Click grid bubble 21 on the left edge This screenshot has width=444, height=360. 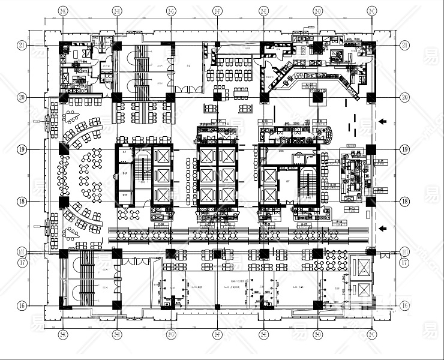coord(22,45)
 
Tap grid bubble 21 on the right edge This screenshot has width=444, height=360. coord(405,45)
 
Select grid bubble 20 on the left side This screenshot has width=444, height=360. coord(22,97)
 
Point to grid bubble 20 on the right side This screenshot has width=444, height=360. coord(405,97)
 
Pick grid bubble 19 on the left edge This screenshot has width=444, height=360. coord(22,149)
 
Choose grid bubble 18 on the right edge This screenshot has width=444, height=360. coord(405,202)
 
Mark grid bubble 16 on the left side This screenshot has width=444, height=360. coord(22,305)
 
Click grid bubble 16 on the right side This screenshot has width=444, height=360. coord(405,305)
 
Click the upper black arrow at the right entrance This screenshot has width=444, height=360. coord(382,122)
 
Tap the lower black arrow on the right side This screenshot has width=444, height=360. coord(382,227)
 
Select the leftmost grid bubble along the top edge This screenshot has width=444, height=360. coord(62,11)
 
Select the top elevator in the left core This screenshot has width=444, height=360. coord(163,157)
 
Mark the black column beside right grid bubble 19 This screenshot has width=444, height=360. coord(371,149)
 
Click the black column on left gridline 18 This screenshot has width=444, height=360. coord(64,202)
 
